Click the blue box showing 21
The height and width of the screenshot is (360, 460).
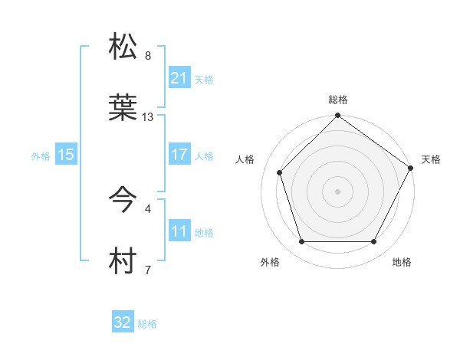point(179,77)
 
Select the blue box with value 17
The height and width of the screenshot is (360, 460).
point(179,155)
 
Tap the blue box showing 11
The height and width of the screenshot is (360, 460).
point(179,231)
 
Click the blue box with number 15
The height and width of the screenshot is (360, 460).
point(66,155)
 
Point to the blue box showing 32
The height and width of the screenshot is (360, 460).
point(123,322)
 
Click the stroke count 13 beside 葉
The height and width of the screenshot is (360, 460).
point(148,117)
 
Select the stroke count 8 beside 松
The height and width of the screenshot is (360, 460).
point(148,56)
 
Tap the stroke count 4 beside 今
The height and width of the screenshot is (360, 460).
point(148,208)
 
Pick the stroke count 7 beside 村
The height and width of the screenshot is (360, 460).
point(148,270)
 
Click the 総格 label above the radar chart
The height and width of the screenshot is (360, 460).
point(337,100)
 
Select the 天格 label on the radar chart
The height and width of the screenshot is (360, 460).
point(431,159)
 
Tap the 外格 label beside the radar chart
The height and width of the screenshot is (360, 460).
point(270,263)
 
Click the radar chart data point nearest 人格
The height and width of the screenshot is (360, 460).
point(280,172)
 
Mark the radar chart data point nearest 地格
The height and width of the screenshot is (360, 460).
point(374,242)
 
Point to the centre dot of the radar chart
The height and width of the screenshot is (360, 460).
point(337,191)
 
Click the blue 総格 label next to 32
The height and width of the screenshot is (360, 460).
point(147,324)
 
